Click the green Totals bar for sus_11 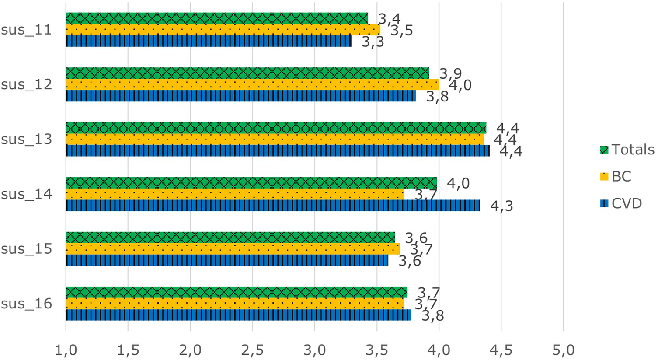coord(217,18)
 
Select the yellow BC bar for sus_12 coord(252,84)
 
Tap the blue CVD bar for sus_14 coord(273,205)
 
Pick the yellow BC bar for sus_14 coord(235,194)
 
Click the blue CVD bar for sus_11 coord(209,41)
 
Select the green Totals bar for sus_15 coord(230,238)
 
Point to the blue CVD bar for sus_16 coord(238,315)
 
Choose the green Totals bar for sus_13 coord(276,128)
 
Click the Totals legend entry coord(627,150)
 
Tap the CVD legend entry coord(621,203)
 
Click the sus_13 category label coord(26,139)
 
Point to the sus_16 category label coord(26,304)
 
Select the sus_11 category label coord(26,30)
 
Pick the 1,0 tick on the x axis coord(66,350)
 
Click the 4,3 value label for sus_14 coord(501,206)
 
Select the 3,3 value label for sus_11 coord(373,42)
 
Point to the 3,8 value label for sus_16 coord(433,316)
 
